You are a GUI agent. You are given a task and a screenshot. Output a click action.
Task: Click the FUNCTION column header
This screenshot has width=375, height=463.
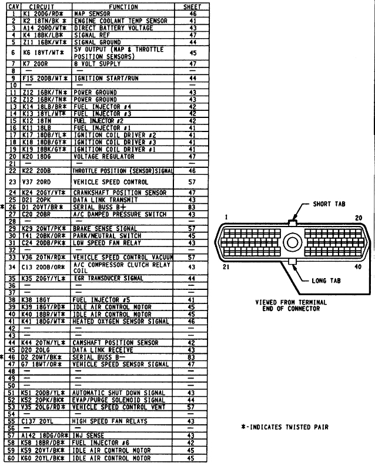click(123, 6)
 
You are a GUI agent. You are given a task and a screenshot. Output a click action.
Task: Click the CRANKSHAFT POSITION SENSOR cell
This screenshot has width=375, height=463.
click(119, 192)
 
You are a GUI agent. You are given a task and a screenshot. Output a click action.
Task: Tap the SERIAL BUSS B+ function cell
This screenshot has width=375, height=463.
click(99, 207)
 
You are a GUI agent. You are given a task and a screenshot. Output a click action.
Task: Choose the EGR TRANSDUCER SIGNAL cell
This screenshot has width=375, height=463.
click(108, 278)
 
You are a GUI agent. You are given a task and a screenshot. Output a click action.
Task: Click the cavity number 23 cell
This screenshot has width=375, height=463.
click(12, 182)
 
